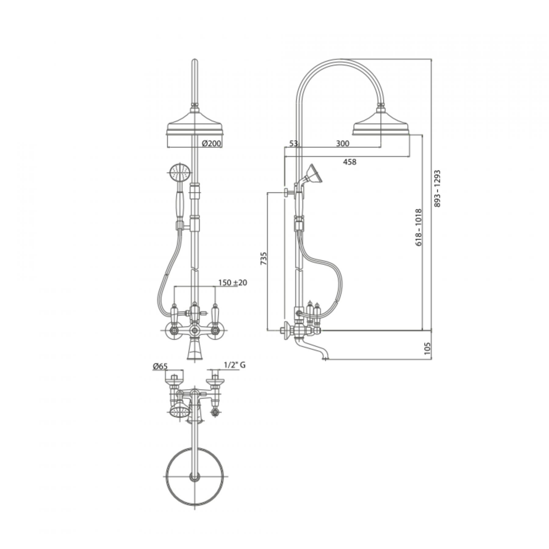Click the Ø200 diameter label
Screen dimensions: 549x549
coord(212,143)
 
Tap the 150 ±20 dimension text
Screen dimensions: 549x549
coord(233,283)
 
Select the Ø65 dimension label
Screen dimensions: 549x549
coord(160,366)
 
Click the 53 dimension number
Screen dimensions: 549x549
coord(293,143)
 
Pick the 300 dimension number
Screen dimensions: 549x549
coord(343,143)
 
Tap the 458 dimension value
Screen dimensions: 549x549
coord(350,162)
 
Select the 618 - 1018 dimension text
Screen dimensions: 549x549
coord(418,228)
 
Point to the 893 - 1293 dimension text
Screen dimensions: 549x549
coord(438,188)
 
